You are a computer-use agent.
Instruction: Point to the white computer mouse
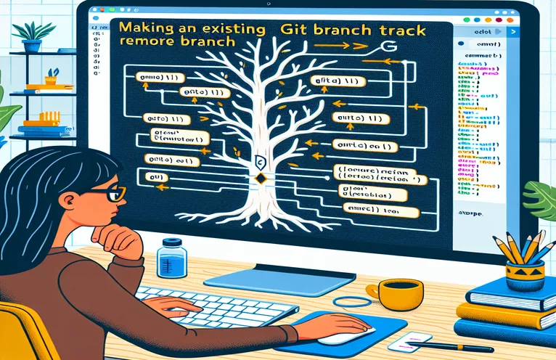[x=341, y=335]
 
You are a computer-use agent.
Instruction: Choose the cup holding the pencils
[x=525, y=274]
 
